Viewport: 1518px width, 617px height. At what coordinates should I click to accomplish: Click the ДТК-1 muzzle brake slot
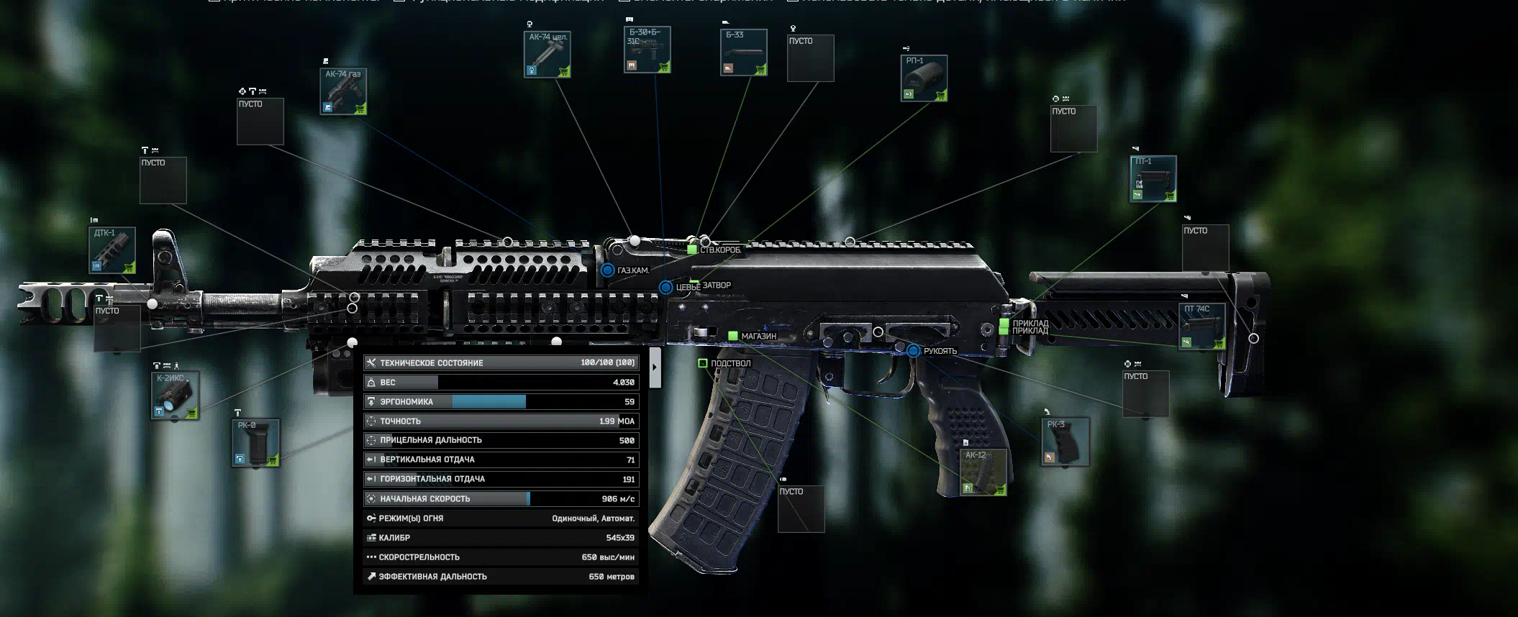point(112,250)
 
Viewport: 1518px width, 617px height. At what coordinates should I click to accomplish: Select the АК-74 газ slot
point(343,91)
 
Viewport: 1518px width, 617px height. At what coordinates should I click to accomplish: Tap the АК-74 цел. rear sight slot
point(547,54)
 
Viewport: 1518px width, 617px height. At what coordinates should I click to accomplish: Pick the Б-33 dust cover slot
point(744,52)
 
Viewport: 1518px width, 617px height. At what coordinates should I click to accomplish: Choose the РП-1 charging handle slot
point(924,78)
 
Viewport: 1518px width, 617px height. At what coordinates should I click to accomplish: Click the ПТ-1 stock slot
point(1153,179)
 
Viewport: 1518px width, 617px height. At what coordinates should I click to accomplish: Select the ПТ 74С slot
point(1201,326)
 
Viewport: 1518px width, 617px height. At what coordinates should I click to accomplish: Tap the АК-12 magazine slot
point(983,472)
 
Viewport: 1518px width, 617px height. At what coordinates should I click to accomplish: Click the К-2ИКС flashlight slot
point(175,395)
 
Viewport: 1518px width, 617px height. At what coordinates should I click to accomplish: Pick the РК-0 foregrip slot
point(255,443)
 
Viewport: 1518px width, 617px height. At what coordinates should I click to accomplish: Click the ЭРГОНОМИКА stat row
point(501,402)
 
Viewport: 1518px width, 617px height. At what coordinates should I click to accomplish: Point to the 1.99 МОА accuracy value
point(617,421)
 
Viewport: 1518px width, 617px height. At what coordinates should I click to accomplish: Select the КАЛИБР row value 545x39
point(619,538)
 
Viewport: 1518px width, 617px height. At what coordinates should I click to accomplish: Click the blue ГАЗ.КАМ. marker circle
point(608,270)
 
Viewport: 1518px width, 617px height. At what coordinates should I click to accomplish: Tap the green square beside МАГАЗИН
point(733,336)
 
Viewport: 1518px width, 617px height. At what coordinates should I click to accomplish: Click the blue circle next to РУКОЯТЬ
point(914,351)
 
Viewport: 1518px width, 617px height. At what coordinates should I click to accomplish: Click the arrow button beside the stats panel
point(655,367)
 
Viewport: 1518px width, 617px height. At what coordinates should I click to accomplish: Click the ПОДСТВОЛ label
point(730,364)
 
